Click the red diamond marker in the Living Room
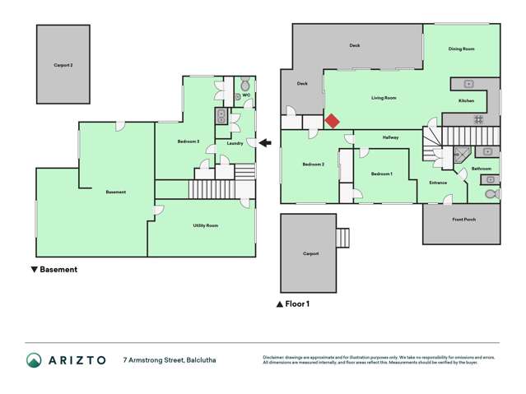coord(331,121)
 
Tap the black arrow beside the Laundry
coord(265,143)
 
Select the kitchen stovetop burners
coord(478,119)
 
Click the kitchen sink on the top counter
coord(468,84)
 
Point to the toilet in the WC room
coord(244,85)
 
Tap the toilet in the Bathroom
coord(491,194)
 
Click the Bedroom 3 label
coord(188,142)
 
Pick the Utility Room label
coord(205,225)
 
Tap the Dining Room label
coord(461,49)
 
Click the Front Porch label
coord(463,220)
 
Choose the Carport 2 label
coord(63,64)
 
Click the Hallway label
coord(390,137)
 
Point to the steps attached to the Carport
coord(343,237)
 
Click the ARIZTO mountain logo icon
coord(34,359)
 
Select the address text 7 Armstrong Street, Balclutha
coord(170,359)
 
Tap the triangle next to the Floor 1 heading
coord(280,304)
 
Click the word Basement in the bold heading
coord(58,269)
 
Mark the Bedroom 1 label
coord(381,174)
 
